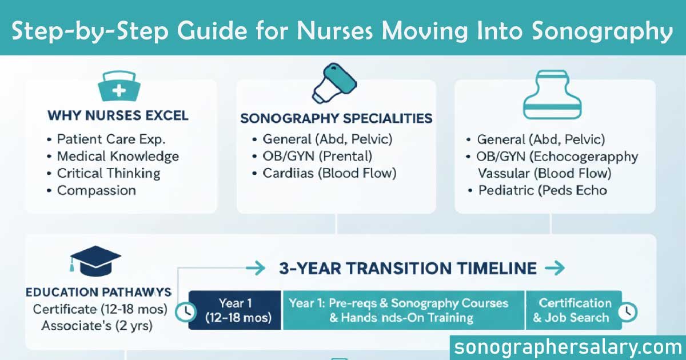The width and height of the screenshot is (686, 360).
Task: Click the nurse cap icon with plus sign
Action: click(x=119, y=87)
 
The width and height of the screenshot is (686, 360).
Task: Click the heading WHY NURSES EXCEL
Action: click(x=118, y=116)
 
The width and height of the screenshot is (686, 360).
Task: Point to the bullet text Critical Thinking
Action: click(x=109, y=173)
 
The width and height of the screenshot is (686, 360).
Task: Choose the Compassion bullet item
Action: click(x=96, y=190)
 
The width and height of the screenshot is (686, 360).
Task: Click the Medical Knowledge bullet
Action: click(x=118, y=156)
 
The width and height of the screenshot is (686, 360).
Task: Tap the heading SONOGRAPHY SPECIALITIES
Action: click(x=336, y=119)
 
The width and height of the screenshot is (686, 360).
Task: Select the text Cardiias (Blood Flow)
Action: click(x=329, y=173)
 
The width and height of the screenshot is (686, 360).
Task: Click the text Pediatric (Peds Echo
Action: click(x=542, y=190)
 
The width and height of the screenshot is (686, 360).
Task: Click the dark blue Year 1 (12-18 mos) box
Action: click(x=235, y=310)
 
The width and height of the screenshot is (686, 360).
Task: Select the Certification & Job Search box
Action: click(x=575, y=310)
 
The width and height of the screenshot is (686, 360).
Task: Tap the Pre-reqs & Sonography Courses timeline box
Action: click(x=403, y=310)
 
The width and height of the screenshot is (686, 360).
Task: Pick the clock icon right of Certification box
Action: click(x=629, y=311)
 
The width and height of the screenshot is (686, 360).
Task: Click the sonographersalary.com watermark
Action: click(x=567, y=346)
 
